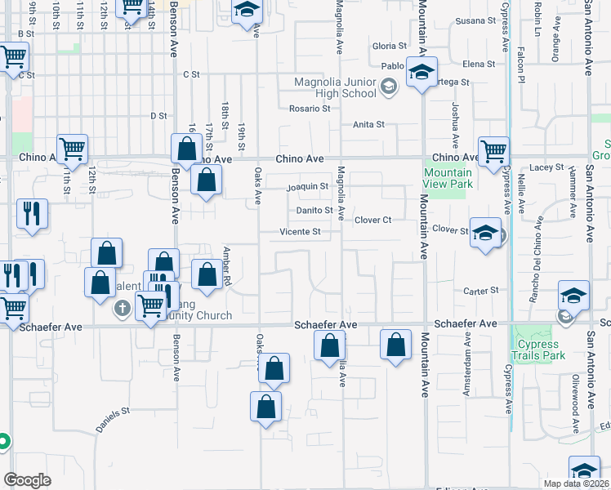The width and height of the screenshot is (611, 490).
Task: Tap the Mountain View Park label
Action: click(448, 178)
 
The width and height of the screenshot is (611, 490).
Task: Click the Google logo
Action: click(27, 480)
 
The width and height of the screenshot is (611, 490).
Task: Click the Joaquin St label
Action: click(307, 186)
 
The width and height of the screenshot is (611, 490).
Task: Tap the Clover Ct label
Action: click(373, 220)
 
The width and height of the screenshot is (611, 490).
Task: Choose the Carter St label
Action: click(481, 291)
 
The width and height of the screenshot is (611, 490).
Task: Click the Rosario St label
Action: click(310, 108)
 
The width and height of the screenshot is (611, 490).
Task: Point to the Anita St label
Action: click(368, 125)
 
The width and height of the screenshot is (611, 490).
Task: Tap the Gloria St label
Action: click(389, 47)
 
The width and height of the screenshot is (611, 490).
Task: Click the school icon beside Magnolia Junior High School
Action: click(389, 83)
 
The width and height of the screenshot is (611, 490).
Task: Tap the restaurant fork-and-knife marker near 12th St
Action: click(32, 214)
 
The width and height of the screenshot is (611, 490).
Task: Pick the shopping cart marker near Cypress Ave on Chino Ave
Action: click(493, 151)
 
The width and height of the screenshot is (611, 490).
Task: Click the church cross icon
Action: click(123, 308)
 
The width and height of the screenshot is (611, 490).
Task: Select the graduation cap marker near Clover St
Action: click(485, 233)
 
